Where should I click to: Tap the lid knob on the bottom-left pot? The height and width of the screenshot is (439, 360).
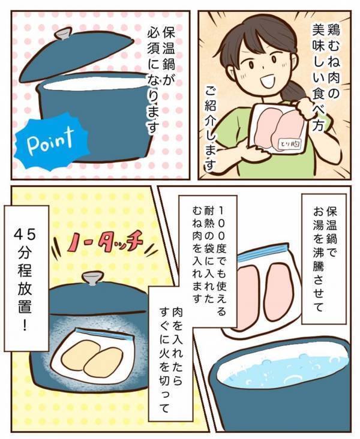click(x=91, y=279)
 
